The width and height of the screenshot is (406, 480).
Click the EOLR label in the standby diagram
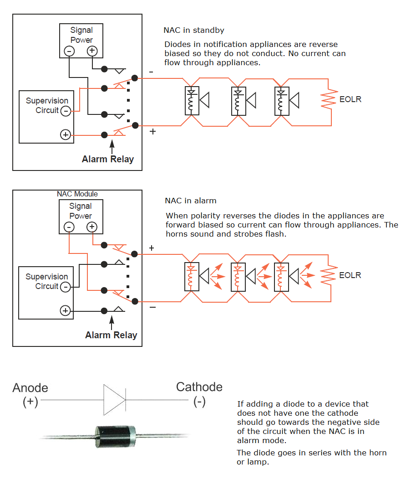coord(350,99)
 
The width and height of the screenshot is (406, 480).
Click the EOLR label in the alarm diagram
coord(350,275)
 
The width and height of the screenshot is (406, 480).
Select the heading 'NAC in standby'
coord(194,31)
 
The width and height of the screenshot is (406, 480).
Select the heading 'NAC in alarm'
coord(190,201)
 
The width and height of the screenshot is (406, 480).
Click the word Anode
coord(30,387)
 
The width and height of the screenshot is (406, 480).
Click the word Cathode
coord(199,387)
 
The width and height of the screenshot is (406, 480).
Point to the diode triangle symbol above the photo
coord(114,400)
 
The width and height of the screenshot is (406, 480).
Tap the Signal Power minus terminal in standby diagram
coord(69,51)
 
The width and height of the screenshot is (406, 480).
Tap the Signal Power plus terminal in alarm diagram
coord(92,227)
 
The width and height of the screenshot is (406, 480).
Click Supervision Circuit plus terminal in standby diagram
coord(66,134)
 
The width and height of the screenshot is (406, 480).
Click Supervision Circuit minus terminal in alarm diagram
coord(66,287)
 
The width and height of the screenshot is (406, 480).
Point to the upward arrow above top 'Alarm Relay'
coord(112,146)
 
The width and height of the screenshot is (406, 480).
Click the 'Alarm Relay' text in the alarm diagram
coord(111,335)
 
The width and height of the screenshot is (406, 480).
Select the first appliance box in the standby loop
coord(191,101)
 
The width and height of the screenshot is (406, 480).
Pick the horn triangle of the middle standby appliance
coord(250,101)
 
